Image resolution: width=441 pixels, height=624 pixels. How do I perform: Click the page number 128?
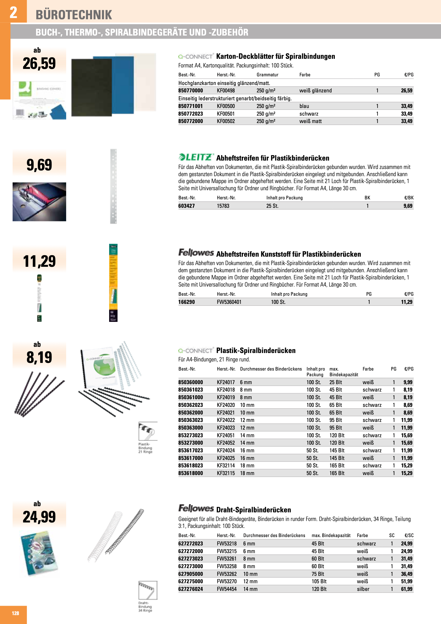click(x=15, y=613)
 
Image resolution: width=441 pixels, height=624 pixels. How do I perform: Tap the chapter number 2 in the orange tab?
click(x=13, y=12)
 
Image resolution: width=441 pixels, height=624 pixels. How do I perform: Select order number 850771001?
click(x=190, y=106)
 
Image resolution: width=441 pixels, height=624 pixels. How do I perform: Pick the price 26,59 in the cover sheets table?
click(x=406, y=90)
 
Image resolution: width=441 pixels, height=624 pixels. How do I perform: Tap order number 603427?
click(x=186, y=206)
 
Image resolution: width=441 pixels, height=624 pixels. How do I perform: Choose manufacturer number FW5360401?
click(x=229, y=302)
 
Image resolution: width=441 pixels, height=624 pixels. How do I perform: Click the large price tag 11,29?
click(x=40, y=261)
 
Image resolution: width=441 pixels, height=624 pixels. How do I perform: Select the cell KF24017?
click(x=225, y=382)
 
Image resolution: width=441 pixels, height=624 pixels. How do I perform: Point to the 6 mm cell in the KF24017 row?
click(x=246, y=382)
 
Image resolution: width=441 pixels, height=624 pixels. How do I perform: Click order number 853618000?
click(x=190, y=473)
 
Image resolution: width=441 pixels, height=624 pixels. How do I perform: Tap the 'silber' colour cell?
click(x=363, y=589)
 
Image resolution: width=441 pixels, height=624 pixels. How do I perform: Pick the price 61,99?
click(x=406, y=589)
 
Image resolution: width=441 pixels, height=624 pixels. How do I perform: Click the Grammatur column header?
click(x=267, y=75)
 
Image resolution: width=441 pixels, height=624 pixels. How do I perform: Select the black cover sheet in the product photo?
click(x=91, y=87)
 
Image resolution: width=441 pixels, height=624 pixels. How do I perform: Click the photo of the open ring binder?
click(x=40, y=202)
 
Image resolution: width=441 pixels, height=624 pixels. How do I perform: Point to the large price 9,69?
click(x=40, y=165)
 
